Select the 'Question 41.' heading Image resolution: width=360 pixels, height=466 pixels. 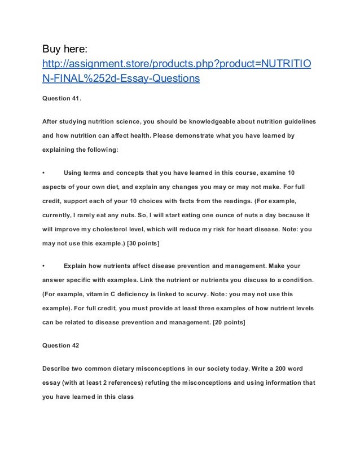pos(62,98)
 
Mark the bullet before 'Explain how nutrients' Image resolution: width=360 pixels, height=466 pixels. pos(44,265)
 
